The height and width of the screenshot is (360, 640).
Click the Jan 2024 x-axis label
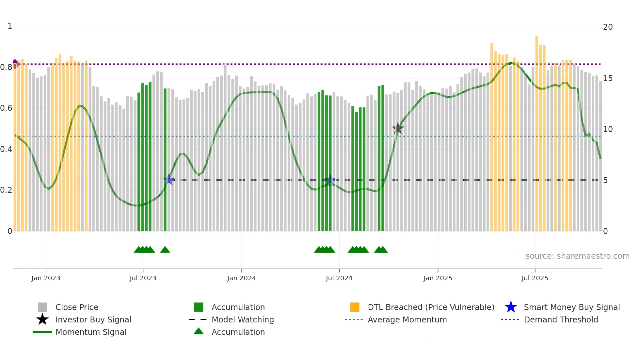pos(241,278)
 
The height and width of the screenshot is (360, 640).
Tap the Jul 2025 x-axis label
pos(535,278)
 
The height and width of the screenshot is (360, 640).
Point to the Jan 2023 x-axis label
pos(46,278)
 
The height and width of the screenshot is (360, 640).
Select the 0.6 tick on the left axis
pos(6,108)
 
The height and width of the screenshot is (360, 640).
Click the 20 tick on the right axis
pos(608,27)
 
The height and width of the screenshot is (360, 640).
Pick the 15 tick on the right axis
pos(608,78)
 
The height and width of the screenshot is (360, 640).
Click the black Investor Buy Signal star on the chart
pos(398,128)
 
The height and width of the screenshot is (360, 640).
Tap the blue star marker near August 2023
pos(169,179)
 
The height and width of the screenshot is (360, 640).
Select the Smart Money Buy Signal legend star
pos(511,307)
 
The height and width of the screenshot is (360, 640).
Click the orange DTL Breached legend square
pos(355,307)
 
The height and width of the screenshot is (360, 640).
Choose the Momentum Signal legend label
pos(91,332)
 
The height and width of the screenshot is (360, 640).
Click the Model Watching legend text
pos(243,319)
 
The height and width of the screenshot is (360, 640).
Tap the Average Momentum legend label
pos(407,319)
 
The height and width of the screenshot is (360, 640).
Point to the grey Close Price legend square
pos(42,307)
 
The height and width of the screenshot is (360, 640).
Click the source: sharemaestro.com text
pos(577,256)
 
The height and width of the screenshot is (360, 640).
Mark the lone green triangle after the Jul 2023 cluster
pos(165,250)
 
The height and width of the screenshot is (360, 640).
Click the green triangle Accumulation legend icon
pos(199,331)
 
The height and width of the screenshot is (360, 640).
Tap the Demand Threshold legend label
pos(561,319)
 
